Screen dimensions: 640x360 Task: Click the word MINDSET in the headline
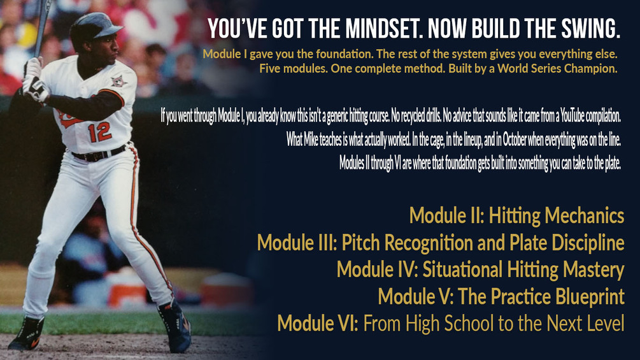coord(378,29)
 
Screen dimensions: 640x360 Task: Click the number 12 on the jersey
coord(99,132)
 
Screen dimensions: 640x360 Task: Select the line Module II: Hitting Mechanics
coord(516,216)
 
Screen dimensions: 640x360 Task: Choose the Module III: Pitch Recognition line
coord(441,243)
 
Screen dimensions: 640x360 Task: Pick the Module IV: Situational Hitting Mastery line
coord(480,270)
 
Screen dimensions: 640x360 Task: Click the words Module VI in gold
coord(318,323)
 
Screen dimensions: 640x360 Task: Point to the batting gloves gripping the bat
coord(34,80)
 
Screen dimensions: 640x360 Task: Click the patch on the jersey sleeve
coord(118,82)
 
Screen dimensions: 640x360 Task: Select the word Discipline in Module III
coord(588,243)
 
